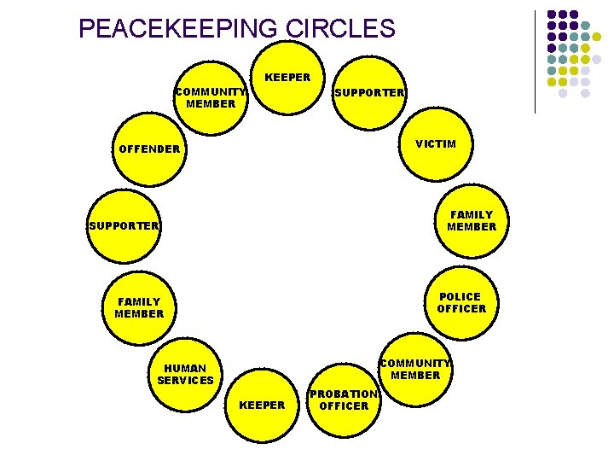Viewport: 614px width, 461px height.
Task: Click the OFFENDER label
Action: pos(150,149)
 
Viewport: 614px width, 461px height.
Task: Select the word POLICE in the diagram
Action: pos(460,297)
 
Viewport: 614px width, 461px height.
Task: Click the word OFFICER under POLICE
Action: pos(461,309)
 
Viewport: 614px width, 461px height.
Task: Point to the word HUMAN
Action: pos(185,369)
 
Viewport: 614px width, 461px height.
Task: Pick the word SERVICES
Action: pos(185,381)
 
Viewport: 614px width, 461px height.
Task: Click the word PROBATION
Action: pos(343,394)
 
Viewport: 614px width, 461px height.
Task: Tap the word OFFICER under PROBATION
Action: pos(344,406)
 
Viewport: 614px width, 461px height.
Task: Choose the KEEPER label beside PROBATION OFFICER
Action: pos(262,406)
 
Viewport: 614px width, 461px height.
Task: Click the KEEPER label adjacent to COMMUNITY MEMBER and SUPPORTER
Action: pos(287,78)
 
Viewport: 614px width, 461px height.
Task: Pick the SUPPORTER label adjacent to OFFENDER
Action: pos(124,226)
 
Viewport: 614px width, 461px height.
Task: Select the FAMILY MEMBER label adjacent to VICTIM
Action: pos(471,221)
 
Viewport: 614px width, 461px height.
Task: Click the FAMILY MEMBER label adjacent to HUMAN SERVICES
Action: pos(139,308)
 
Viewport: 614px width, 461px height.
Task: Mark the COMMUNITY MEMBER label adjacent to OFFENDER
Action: pos(211,98)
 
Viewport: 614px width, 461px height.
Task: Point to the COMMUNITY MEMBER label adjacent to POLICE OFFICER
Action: pos(415,369)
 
